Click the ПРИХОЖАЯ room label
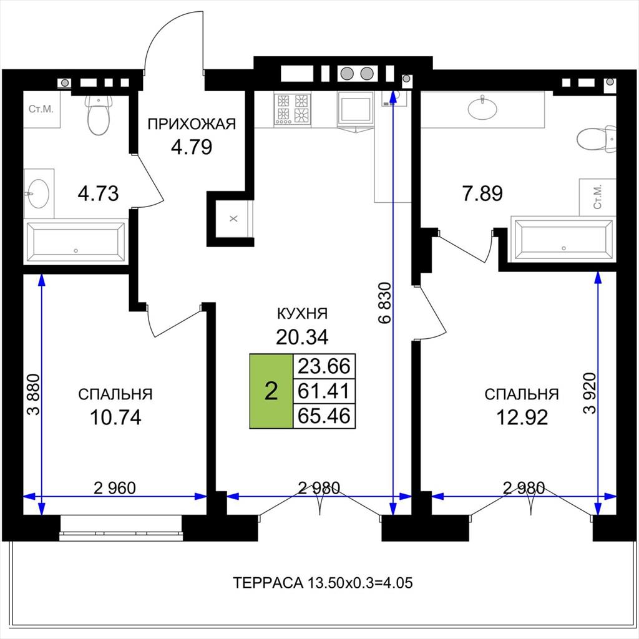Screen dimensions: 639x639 tap(192, 124)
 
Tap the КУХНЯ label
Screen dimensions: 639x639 tap(302, 314)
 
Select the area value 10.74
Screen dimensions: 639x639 tap(115, 417)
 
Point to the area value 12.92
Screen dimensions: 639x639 tap(522, 417)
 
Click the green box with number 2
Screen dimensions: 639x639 tap(271, 391)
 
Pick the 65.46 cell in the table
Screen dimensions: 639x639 tap(324, 416)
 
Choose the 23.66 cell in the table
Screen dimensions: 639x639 tap(324, 366)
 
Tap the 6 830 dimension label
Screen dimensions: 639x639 tap(384, 303)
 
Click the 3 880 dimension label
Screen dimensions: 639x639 tap(34, 394)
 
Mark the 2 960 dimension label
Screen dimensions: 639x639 tap(115, 488)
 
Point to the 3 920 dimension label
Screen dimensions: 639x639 tap(589, 393)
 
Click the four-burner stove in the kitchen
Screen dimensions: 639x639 tap(292, 109)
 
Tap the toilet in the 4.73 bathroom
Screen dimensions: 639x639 tap(99, 115)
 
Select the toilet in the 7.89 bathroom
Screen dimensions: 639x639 tap(596, 139)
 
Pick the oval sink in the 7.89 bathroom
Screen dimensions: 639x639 tap(482, 108)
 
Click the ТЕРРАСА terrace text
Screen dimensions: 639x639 tap(323, 583)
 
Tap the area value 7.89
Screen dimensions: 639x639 tap(482, 193)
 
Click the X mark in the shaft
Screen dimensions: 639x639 tap(233, 219)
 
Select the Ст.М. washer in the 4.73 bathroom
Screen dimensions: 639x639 tap(41, 109)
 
